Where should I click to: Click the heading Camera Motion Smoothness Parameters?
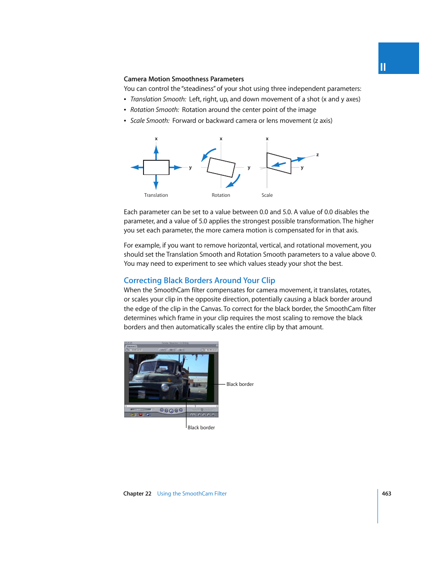click(x=184, y=79)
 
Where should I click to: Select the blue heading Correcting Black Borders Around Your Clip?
click(x=199, y=280)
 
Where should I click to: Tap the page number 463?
click(x=386, y=494)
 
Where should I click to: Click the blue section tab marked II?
click(x=398, y=58)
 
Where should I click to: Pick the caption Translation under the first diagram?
click(x=156, y=195)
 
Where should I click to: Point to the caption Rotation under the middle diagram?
click(x=221, y=195)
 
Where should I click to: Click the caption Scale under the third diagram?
click(x=267, y=195)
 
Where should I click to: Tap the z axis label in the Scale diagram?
click(x=317, y=155)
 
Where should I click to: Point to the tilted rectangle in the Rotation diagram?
click(x=221, y=167)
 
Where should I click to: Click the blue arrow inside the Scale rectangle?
click(x=278, y=164)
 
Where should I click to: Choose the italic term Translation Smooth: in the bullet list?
click(x=158, y=99)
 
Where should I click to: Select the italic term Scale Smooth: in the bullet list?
click(x=150, y=121)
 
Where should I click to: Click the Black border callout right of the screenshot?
click(x=240, y=384)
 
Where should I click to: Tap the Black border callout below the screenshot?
click(x=201, y=427)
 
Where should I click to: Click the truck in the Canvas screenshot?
click(x=160, y=379)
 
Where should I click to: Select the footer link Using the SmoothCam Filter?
click(x=192, y=494)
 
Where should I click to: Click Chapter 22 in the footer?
click(x=137, y=494)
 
